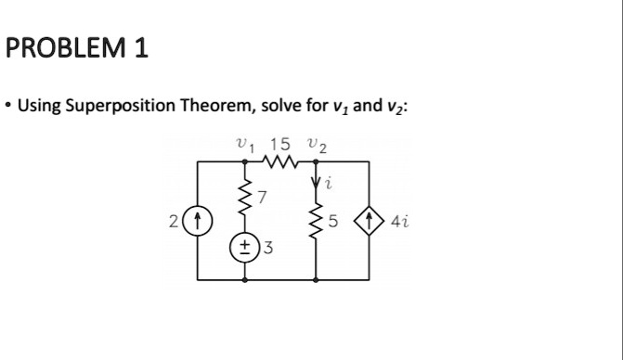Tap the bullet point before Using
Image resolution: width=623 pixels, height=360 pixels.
8,106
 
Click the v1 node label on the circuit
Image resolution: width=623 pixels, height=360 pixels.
244,145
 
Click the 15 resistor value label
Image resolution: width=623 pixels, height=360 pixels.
279,144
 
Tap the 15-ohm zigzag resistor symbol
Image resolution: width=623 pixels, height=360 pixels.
280,163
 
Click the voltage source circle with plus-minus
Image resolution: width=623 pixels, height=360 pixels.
245,249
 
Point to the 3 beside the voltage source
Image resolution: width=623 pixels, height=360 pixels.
268,249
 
